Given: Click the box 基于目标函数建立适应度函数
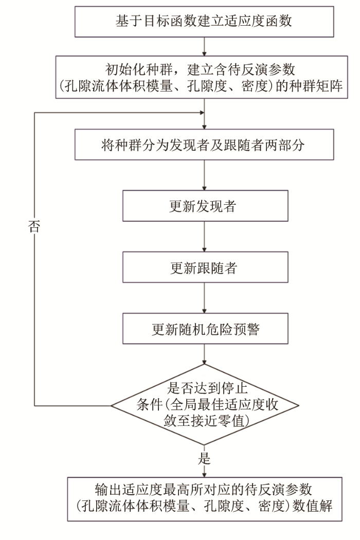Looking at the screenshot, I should point(205,22).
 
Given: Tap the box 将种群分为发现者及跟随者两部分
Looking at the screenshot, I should point(205,145).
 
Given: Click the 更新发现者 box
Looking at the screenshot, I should point(205,207).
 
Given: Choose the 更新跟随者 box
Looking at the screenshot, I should point(205,267).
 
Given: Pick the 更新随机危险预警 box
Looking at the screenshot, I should point(205,329).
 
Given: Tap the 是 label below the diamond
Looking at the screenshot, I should point(205,458).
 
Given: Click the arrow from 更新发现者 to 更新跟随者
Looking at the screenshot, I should point(205,237).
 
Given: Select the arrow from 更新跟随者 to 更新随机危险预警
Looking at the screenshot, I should point(205,298).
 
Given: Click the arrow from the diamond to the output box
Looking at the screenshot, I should point(205,469).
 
